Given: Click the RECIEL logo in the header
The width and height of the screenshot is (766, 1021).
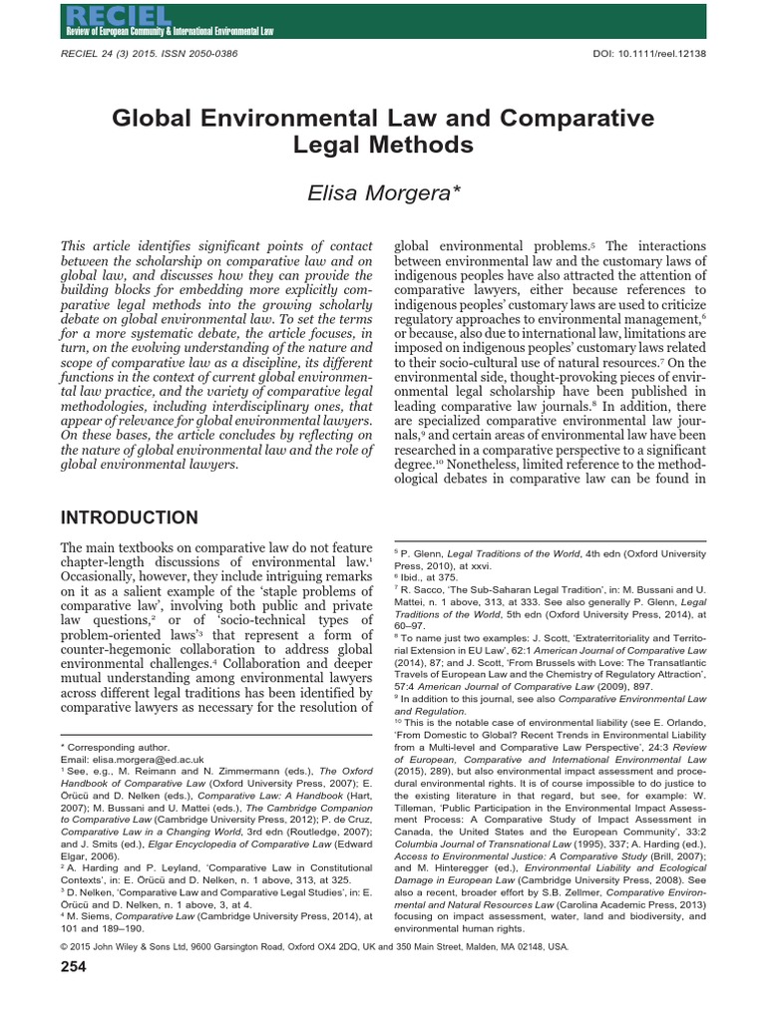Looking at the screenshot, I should [100, 14].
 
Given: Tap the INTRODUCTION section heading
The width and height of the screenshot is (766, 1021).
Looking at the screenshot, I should [130, 517].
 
